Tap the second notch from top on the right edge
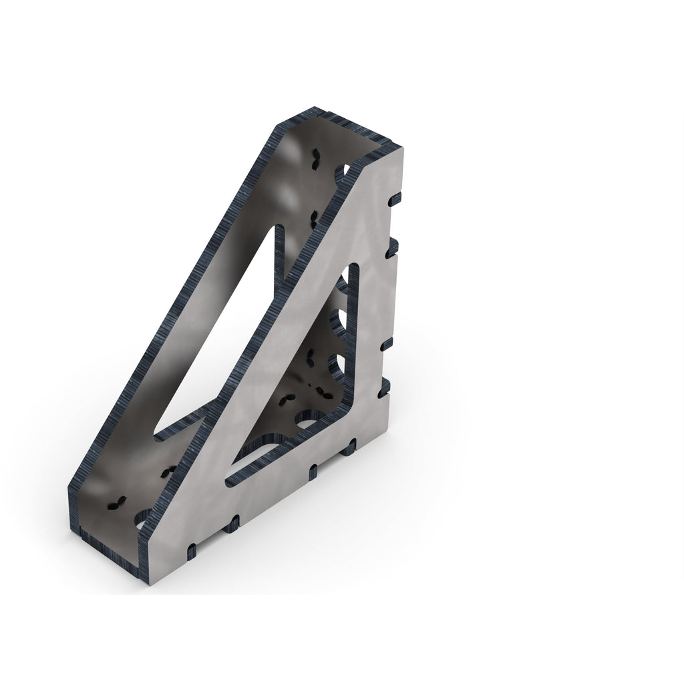(391, 246)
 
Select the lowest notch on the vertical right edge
(383, 388)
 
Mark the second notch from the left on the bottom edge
(232, 524)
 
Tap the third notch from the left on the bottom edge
(313, 471)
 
